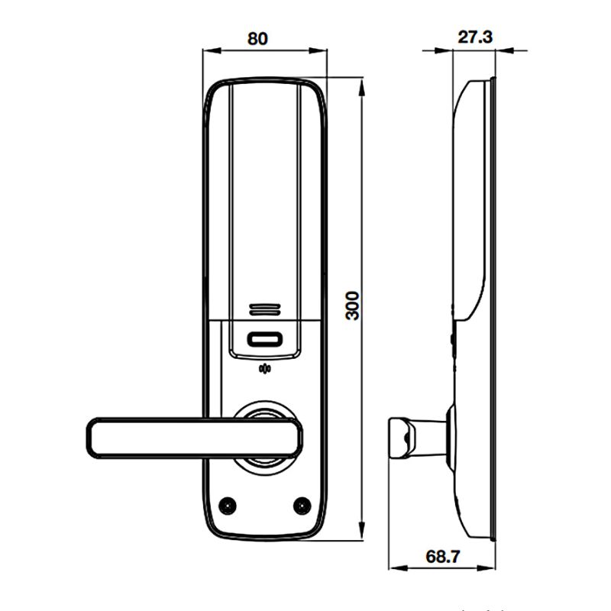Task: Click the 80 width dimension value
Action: tap(257, 37)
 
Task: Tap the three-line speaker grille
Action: tap(263, 309)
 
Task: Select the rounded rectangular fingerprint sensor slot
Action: tap(263, 338)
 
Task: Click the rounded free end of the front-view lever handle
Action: tap(95, 438)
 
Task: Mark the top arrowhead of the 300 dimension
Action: tap(360, 82)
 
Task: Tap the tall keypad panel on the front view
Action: tap(263, 199)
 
